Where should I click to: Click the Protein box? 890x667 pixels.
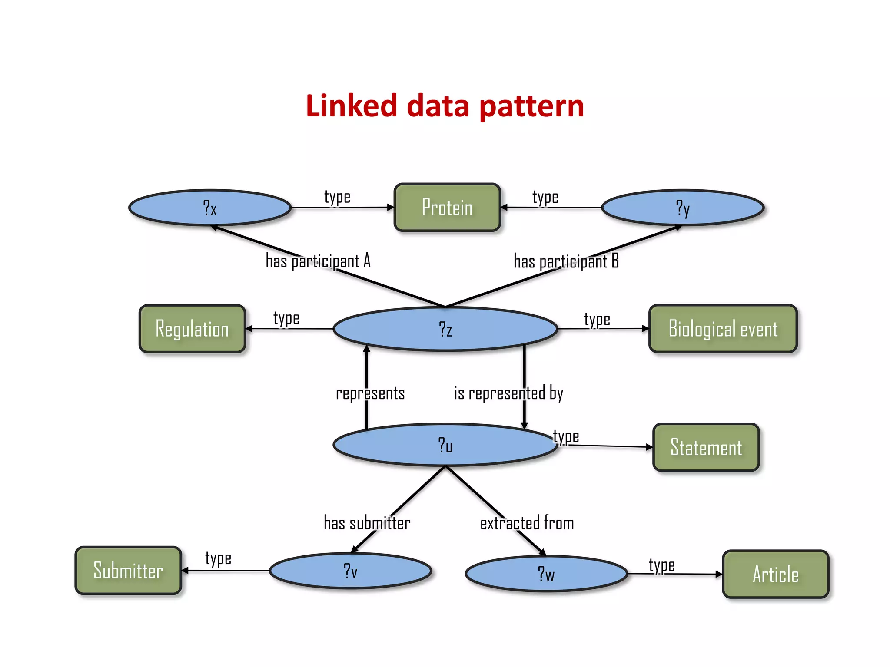point(447,208)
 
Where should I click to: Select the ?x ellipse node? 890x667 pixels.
point(210,208)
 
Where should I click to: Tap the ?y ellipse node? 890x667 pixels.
point(683,208)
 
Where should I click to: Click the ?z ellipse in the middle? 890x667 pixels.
point(445,329)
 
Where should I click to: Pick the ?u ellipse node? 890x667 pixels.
point(445,445)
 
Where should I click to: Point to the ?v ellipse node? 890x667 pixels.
point(350,571)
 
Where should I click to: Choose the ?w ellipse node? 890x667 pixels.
point(546,574)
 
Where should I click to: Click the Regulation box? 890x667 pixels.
point(192,329)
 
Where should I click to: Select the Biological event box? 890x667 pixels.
point(723,329)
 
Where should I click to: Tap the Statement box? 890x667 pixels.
point(706,447)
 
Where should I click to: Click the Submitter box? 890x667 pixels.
point(128,571)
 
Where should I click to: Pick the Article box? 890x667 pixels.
point(775,574)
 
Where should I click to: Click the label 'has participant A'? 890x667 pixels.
point(318,261)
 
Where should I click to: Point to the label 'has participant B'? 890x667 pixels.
point(566,261)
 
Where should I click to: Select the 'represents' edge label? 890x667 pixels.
point(370,393)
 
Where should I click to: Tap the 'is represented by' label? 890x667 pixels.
point(508,393)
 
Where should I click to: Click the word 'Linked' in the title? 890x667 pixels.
point(351,106)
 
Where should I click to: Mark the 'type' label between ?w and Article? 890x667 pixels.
point(662,565)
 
